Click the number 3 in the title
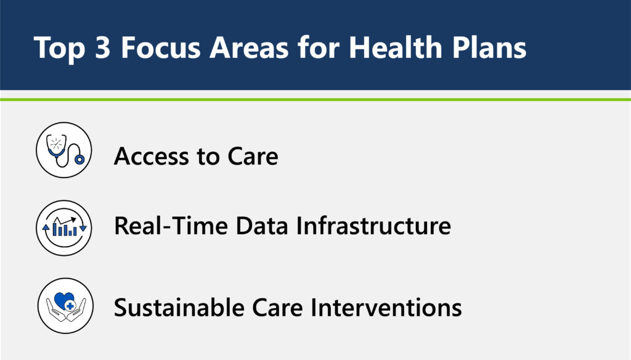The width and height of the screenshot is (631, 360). pyautogui.click(x=103, y=47)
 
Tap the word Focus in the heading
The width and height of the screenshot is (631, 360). pyautogui.click(x=161, y=47)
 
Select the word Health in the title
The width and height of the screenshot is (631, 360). pyautogui.click(x=395, y=47)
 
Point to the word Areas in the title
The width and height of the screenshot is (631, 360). pyautogui.click(x=249, y=47)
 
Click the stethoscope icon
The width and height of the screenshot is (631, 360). pyautogui.click(x=64, y=150)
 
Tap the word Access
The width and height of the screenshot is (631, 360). pyautogui.click(x=152, y=156)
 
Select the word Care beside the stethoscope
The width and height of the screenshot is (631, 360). pyautogui.click(x=253, y=156)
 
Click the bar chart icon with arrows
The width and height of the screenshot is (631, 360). pyautogui.click(x=64, y=228)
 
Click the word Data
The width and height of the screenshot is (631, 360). pyautogui.click(x=262, y=225)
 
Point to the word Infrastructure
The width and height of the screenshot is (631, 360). pyautogui.click(x=373, y=225)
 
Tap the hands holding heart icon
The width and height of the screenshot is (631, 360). pyautogui.click(x=65, y=306)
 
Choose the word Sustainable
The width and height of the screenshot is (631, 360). pyautogui.click(x=179, y=307)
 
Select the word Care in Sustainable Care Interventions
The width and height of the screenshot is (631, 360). pyautogui.click(x=277, y=307)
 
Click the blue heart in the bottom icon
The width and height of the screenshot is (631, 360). pyautogui.click(x=64, y=300)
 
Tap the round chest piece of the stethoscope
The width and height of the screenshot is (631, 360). pyautogui.click(x=79, y=160)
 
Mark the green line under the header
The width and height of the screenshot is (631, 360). pyautogui.click(x=315, y=99)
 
